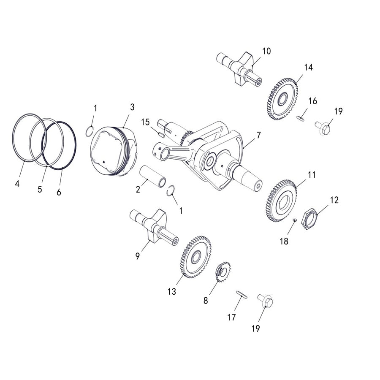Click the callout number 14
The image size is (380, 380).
pyautogui.click(x=308, y=67)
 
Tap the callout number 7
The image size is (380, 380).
pyautogui.click(x=258, y=135)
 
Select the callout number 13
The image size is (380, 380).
pyautogui.click(x=172, y=292)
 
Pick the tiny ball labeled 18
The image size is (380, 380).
pyautogui.click(x=295, y=220)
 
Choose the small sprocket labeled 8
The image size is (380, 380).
pyautogui.click(x=223, y=272)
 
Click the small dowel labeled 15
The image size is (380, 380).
pyautogui.click(x=160, y=135)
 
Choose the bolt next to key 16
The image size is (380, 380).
pyautogui.click(x=324, y=125)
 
